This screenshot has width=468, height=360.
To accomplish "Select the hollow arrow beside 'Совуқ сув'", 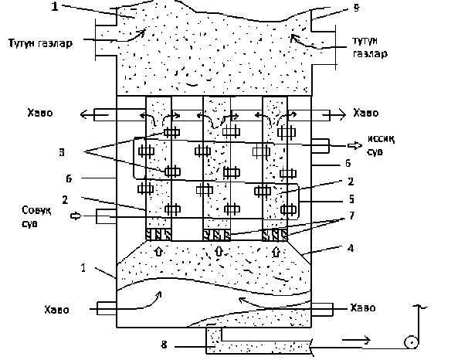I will click(76, 216).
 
